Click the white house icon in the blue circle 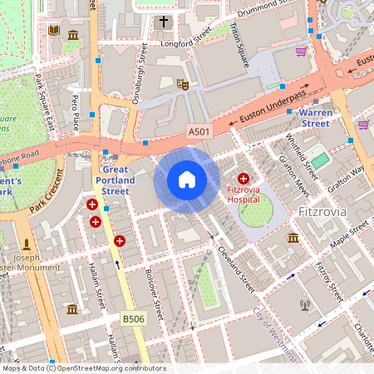tap(187, 180)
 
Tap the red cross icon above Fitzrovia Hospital tap(244, 179)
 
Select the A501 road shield tap(199, 132)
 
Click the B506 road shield tap(133, 318)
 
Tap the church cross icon tap(164, 22)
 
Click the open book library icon tap(54, 31)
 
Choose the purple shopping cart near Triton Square tap(301, 52)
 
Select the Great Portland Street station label tap(115, 180)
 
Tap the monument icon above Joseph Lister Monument tap(27, 245)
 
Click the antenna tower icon tap(305, 304)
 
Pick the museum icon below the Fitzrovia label tap(293, 239)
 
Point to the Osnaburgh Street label tap(139, 75)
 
